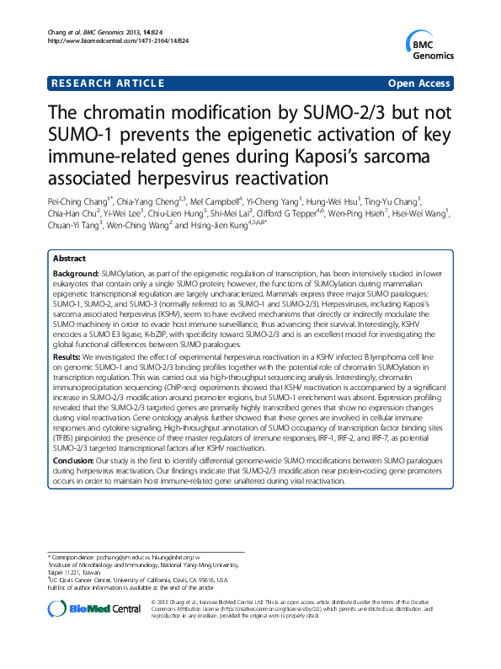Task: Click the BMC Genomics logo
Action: tap(426, 45)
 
